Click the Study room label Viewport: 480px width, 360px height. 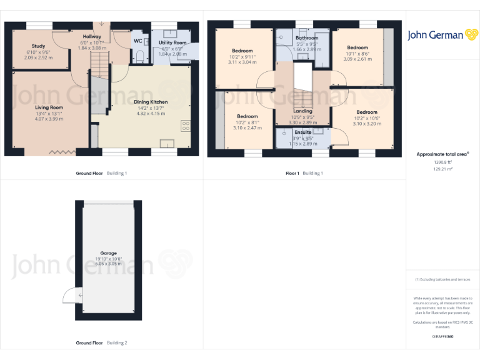39,46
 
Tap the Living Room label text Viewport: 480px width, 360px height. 49,107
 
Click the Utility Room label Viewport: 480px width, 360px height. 172,43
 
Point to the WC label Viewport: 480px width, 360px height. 137,41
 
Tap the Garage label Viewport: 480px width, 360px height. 109,253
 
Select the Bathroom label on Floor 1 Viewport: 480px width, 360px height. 306,38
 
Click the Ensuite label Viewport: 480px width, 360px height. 302,132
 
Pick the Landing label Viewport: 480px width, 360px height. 302,111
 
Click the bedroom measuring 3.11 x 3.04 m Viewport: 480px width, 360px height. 242,51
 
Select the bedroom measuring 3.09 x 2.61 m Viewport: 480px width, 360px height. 357,47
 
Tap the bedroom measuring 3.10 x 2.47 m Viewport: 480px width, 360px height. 247,116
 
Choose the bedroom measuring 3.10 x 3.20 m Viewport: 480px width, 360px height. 367,112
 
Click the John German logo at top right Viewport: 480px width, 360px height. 443,36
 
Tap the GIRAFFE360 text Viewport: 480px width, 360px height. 442,337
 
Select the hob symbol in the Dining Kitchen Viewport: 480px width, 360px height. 185,126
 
